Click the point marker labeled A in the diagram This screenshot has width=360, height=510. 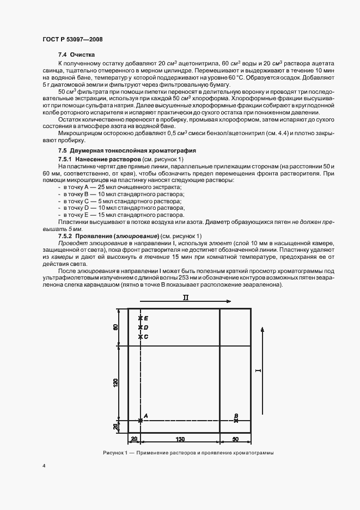pos(141,420)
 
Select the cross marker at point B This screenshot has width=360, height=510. pos(236,420)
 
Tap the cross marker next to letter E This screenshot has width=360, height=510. pos(141,318)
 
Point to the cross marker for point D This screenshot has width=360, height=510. pos(141,327)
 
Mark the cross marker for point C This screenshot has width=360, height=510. pos(141,337)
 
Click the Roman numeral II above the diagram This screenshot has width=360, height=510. pos(185,297)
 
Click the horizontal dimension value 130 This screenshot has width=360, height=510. pos(180,439)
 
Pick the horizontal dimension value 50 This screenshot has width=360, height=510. pos(235,439)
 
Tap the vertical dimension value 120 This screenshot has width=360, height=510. pos(115,382)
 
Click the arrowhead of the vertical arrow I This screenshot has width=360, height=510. pos(264,330)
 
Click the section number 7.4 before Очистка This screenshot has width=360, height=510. pos(63,55)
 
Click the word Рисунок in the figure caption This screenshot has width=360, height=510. pos(114,453)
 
